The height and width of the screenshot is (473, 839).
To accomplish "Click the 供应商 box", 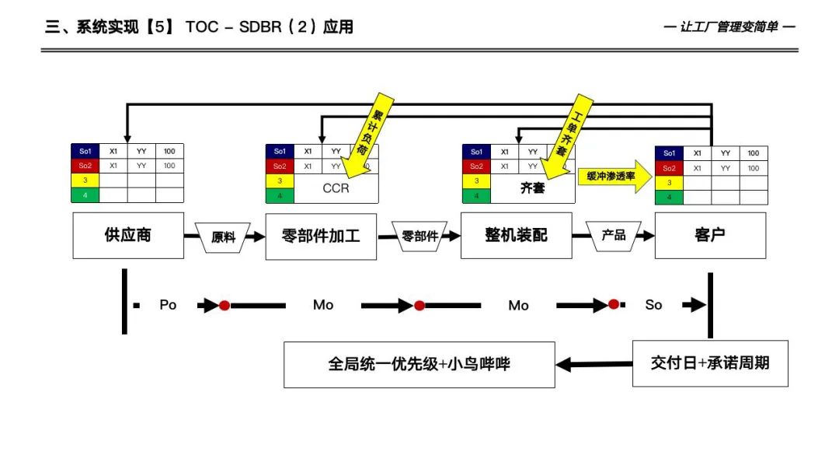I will (128, 235).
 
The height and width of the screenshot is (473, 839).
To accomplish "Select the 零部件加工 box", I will (321, 236).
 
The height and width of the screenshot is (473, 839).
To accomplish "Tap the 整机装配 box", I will (516, 235).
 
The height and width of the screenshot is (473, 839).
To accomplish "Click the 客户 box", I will (710, 235).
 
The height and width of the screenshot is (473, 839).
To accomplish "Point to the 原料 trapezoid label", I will (224, 236).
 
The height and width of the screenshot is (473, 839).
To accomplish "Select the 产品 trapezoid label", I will (614, 234).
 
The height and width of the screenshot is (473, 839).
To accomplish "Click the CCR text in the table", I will (336, 188).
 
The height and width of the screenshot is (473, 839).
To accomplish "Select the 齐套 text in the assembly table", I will (532, 188).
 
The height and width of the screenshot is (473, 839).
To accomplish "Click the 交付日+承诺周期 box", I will (710, 363).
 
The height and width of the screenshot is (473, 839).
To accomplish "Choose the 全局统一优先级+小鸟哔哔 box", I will (419, 364).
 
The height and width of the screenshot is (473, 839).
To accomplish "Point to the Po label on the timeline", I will (168, 305).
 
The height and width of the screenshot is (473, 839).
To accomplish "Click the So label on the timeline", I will (653, 305).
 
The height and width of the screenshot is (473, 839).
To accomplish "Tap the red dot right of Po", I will (225, 306).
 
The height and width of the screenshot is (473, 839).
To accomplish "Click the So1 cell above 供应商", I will (85, 152).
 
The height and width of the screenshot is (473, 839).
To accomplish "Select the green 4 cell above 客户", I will (669, 197).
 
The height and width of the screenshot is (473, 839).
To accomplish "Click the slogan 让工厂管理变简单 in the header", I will (729, 27).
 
